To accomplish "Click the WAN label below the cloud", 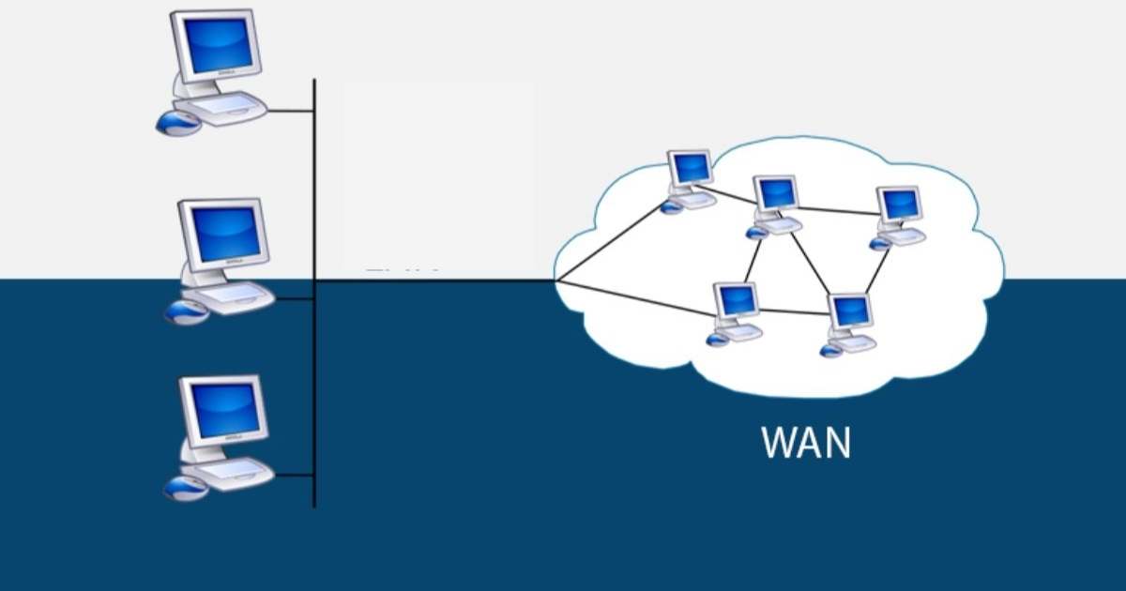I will coord(806,443).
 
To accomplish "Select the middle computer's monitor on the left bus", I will coord(224,234).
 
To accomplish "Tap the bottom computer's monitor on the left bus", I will coord(223,410).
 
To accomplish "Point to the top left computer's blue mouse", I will coord(177,122).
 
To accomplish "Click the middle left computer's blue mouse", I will coord(186,312).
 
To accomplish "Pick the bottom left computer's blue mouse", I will coord(185,488).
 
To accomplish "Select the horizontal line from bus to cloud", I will coord(432,280).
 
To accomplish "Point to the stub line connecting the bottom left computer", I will coord(295,475).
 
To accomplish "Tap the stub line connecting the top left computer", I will coord(291,111).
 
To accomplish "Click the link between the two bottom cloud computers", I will coord(793,311).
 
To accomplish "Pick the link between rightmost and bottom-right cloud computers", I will coord(875,271).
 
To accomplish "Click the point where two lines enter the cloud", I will coord(556,280).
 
